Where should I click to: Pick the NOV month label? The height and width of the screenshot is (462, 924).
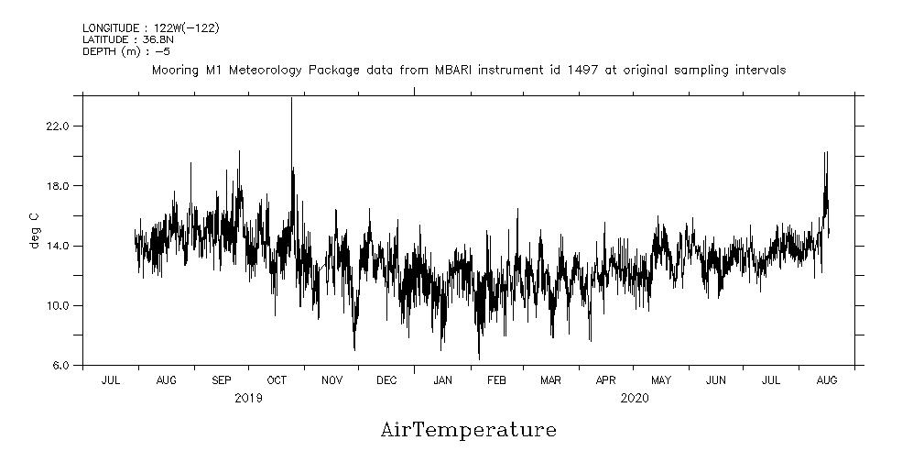point(332,380)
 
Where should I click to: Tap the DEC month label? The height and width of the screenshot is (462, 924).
point(386,380)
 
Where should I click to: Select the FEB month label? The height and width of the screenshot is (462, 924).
point(496,380)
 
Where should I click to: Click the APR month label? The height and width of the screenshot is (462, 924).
point(606,380)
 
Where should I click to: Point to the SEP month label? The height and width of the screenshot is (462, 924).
point(222,380)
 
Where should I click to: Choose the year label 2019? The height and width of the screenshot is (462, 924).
point(249,398)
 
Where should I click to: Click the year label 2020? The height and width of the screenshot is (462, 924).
point(635,398)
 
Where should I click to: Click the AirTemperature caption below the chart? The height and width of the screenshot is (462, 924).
point(468,430)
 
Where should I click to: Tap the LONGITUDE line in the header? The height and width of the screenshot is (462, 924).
point(150,28)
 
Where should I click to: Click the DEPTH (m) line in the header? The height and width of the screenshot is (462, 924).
point(125,51)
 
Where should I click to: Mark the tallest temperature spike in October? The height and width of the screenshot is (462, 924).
point(291,99)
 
